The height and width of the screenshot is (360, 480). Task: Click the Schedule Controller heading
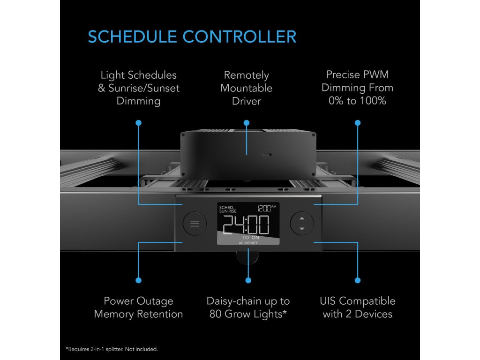click(x=192, y=37)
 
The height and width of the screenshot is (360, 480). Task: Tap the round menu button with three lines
click(x=195, y=224)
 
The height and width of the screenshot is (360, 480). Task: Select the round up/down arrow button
click(x=301, y=224)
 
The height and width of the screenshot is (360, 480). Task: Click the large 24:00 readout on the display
click(x=246, y=225)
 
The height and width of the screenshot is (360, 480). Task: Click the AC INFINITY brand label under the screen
click(x=248, y=243)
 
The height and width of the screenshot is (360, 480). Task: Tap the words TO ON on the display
click(x=251, y=238)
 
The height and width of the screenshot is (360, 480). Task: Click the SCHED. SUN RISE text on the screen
click(x=228, y=209)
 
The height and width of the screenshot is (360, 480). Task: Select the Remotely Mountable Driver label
click(x=246, y=88)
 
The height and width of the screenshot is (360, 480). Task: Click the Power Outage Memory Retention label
click(x=138, y=307)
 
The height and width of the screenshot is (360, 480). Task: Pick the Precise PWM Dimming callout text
click(x=358, y=88)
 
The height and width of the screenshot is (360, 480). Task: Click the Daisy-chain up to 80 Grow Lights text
click(x=248, y=307)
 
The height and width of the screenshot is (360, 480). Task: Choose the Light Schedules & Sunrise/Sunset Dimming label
click(x=138, y=88)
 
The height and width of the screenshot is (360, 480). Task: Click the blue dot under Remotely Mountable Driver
click(x=247, y=122)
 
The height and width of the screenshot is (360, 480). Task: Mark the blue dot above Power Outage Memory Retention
click(x=138, y=280)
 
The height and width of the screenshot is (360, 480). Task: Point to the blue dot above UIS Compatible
click(x=358, y=280)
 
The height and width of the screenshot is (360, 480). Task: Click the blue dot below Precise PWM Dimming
click(x=358, y=122)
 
